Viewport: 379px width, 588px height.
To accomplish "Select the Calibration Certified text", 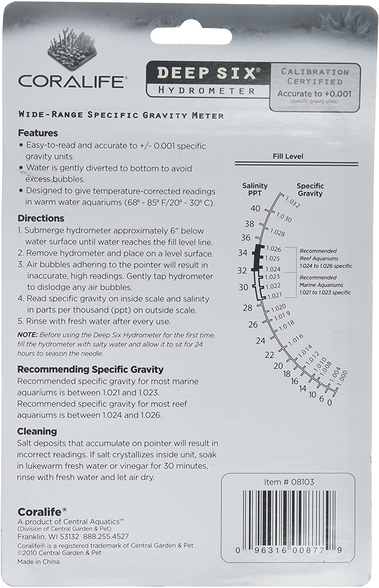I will pyautogui.click(x=315, y=77).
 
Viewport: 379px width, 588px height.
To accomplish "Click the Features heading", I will pyautogui.click(x=38, y=133).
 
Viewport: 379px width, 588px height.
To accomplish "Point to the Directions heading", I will pyautogui.click(x=41, y=218).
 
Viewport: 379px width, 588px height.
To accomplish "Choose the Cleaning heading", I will pyautogui.click(x=37, y=432).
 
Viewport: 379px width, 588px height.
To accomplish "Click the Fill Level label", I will pyautogui.click(x=288, y=156).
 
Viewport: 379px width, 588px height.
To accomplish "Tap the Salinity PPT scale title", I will pyautogui.click(x=255, y=189).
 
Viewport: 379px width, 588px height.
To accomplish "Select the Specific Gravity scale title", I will pyautogui.click(x=310, y=190).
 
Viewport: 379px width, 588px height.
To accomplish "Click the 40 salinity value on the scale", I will pyautogui.click(x=255, y=209).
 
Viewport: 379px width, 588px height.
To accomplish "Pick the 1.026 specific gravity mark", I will pyautogui.click(x=273, y=249).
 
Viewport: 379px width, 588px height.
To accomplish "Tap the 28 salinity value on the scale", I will pyautogui.click(x=247, y=308).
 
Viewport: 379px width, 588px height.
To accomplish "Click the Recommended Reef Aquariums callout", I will pyautogui.click(x=325, y=258).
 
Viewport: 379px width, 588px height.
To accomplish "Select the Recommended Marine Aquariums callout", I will pyautogui.click(x=324, y=285).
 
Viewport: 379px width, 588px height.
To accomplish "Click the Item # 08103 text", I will pyautogui.click(x=289, y=482).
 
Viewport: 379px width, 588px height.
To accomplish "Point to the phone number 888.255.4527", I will pyautogui.click(x=106, y=536).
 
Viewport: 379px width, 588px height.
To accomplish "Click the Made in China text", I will pyautogui.click(x=38, y=562).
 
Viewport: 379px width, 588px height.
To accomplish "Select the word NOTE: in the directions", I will pyautogui.click(x=27, y=335).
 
